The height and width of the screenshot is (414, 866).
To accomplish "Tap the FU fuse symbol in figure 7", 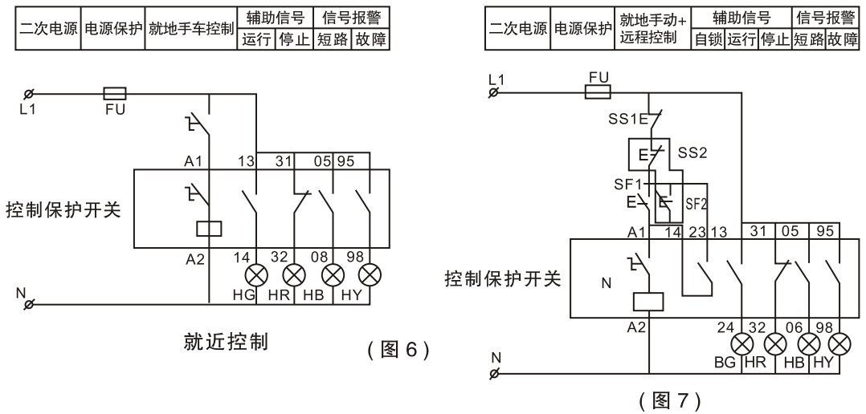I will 598,93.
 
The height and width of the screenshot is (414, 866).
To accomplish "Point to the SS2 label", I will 691,152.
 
